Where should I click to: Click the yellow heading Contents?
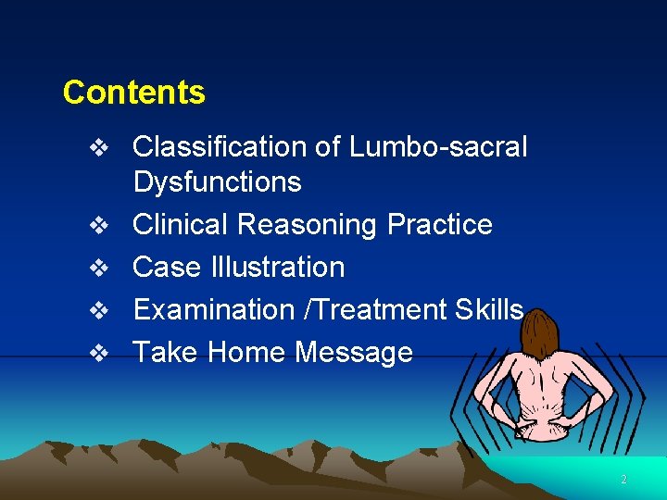tap(133, 93)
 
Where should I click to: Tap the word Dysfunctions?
tap(217, 181)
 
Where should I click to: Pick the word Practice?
tap(440, 224)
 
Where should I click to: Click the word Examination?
tap(214, 309)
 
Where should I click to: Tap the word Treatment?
tap(382, 309)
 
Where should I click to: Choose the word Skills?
tap(489, 309)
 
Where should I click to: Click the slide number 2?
tap(623, 480)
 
